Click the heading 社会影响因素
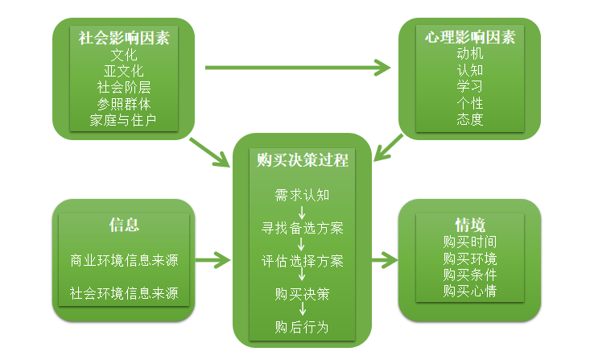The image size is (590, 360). click(x=124, y=37)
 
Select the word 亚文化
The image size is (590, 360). click(x=124, y=71)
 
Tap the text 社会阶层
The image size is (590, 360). click(x=124, y=88)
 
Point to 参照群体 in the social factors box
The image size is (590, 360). click(x=124, y=104)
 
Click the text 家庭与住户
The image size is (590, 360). click(x=124, y=121)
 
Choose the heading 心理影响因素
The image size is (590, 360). click(x=470, y=37)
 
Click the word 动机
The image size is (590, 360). click(x=470, y=54)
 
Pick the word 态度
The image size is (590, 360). click(x=470, y=121)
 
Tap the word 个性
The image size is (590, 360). click(x=470, y=104)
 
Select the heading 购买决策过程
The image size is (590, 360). click(x=303, y=160)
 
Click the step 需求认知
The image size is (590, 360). click(x=303, y=194)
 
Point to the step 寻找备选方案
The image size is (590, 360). click(x=303, y=228)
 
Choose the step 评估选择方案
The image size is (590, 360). click(x=303, y=261)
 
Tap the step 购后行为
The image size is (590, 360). click(x=303, y=327)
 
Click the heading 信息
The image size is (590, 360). click(x=124, y=225)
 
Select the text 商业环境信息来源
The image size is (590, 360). click(x=124, y=261)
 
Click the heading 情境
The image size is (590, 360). click(x=470, y=225)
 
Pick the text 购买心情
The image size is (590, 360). click(x=470, y=291)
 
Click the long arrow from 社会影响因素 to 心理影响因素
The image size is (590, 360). click(x=298, y=67)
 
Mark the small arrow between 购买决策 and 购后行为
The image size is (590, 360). click(x=303, y=310)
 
